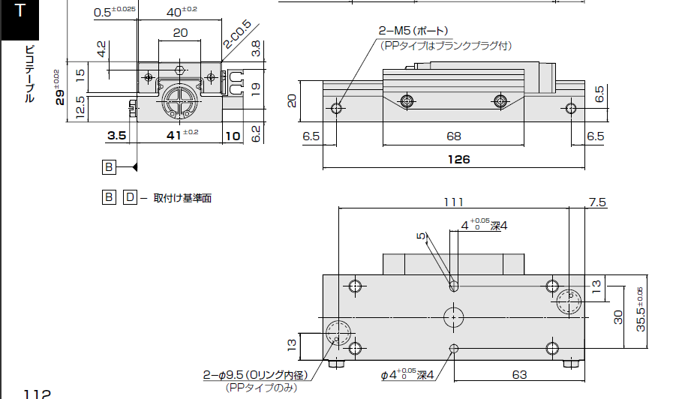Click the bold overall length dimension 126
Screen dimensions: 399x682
(x=458, y=159)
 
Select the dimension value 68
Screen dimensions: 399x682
(x=453, y=136)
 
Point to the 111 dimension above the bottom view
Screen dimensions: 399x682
(x=454, y=202)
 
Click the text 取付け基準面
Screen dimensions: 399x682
(x=182, y=198)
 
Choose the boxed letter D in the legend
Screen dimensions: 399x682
(x=130, y=197)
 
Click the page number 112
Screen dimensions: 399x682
(x=37, y=394)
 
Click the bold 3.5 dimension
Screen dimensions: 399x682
(x=116, y=136)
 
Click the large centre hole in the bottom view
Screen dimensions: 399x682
(x=453, y=316)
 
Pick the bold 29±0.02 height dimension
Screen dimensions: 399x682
(x=59, y=88)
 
